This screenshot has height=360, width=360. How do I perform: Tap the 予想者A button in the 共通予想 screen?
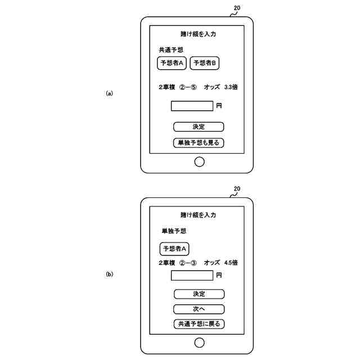172,64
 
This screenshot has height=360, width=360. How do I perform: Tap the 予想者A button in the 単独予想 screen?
175,249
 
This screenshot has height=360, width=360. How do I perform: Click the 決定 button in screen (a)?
199,127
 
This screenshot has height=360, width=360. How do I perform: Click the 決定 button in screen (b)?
199,294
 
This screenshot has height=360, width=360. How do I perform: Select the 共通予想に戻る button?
199,323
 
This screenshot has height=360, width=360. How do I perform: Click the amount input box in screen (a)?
192,106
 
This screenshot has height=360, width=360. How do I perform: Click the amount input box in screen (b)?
192,276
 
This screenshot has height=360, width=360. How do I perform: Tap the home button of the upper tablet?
199,162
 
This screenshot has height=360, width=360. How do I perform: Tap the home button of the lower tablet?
199,343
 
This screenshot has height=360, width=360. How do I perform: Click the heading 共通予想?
171,50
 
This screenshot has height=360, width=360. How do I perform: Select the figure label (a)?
110,93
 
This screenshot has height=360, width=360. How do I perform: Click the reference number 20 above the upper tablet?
237,8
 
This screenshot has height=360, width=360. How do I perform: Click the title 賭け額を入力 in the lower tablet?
199,215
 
